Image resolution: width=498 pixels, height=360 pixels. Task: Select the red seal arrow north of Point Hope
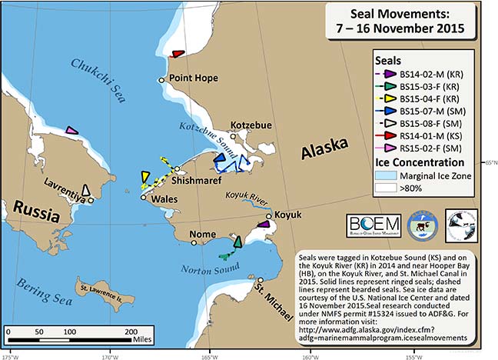coord(178,54)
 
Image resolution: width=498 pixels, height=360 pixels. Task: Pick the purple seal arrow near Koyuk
coord(264,224)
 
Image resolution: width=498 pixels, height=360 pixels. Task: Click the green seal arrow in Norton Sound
coord(237,242)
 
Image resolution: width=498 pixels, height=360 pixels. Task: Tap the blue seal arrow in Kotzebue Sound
coord(220,159)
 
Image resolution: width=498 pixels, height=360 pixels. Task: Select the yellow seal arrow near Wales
coord(144,178)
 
